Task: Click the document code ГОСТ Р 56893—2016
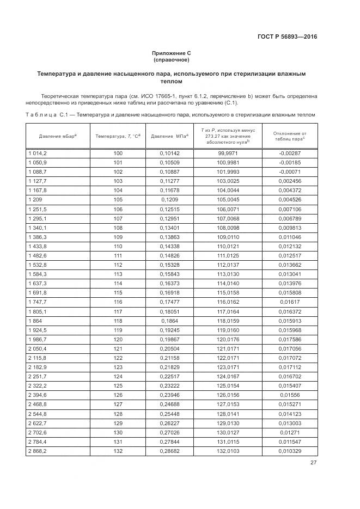point(287,37)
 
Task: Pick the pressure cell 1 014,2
point(38,154)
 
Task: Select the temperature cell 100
point(118,154)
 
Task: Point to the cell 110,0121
point(228,246)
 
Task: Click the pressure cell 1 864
point(35,321)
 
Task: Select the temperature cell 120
point(118,340)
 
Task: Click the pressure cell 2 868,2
point(38,452)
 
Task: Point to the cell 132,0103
point(228,452)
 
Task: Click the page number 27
point(314,463)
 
